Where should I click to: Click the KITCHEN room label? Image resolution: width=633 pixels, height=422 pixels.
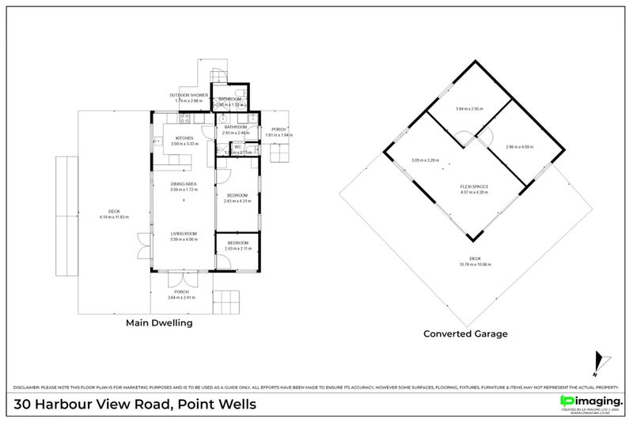coord(184,138)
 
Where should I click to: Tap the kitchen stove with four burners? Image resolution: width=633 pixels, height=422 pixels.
coord(184,119)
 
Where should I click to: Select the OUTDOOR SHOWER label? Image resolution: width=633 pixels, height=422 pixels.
coord(188,95)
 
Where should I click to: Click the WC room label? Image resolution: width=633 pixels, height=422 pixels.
coord(237,146)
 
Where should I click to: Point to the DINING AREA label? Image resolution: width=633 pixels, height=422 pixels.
coord(183,184)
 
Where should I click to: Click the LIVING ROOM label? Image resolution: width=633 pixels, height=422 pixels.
coord(183,233)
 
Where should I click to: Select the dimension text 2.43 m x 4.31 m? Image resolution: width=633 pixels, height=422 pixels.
coord(237,202)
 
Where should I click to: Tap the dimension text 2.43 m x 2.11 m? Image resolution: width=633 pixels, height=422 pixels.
coord(237,249)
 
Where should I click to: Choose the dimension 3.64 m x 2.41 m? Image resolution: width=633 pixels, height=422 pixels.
coord(181,298)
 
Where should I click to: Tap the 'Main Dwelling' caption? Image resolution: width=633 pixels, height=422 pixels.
coord(159,323)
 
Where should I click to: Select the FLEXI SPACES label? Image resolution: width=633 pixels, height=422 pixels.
coord(474,186)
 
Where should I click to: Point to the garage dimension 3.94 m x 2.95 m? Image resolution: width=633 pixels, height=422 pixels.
coord(470,108)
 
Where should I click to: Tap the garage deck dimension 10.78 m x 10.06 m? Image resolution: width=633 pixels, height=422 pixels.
coord(475,265)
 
